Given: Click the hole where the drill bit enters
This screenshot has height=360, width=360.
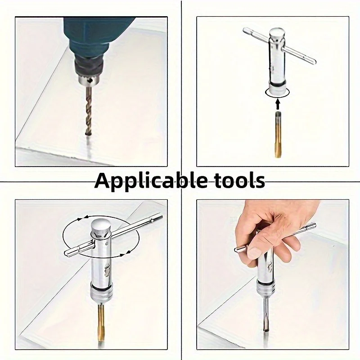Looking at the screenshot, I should [86, 134].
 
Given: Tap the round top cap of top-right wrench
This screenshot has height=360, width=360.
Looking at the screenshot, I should [278, 34].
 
